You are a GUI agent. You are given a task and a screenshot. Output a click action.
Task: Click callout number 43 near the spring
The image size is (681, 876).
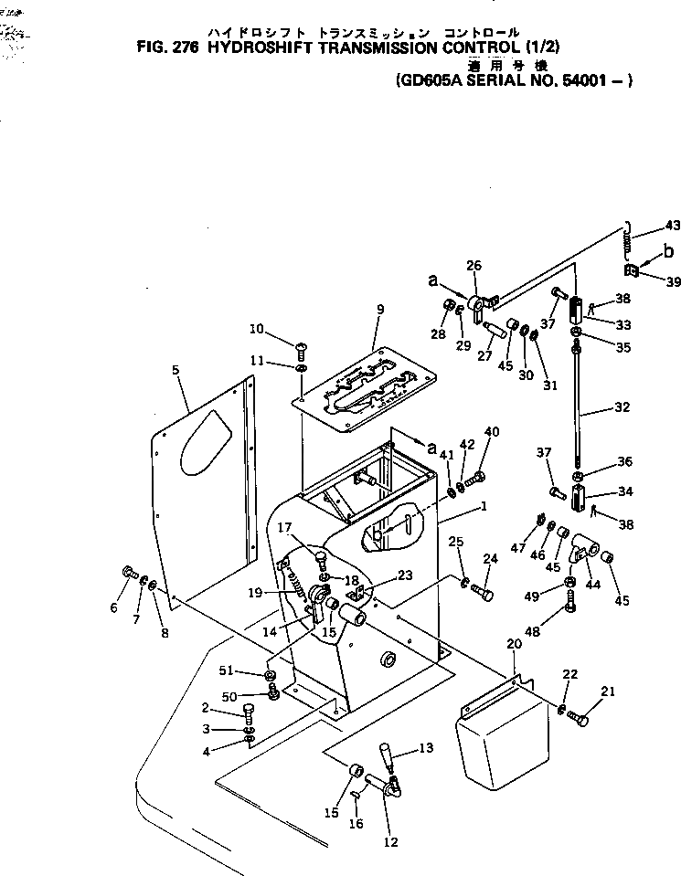[x=673, y=226]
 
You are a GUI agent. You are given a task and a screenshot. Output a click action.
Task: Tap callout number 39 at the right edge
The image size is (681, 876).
[x=673, y=282]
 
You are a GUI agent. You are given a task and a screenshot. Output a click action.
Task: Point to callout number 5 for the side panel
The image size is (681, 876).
[x=176, y=371]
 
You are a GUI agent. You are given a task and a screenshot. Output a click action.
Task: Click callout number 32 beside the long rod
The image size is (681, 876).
[x=622, y=406]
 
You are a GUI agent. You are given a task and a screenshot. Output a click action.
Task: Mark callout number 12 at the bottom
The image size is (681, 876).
[x=391, y=842]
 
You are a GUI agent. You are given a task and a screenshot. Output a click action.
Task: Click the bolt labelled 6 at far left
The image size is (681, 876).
[x=128, y=573]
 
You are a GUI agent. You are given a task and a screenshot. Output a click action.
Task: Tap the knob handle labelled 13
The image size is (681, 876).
[x=386, y=757]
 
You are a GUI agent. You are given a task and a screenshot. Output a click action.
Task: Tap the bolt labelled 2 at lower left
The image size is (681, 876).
[x=249, y=712]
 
